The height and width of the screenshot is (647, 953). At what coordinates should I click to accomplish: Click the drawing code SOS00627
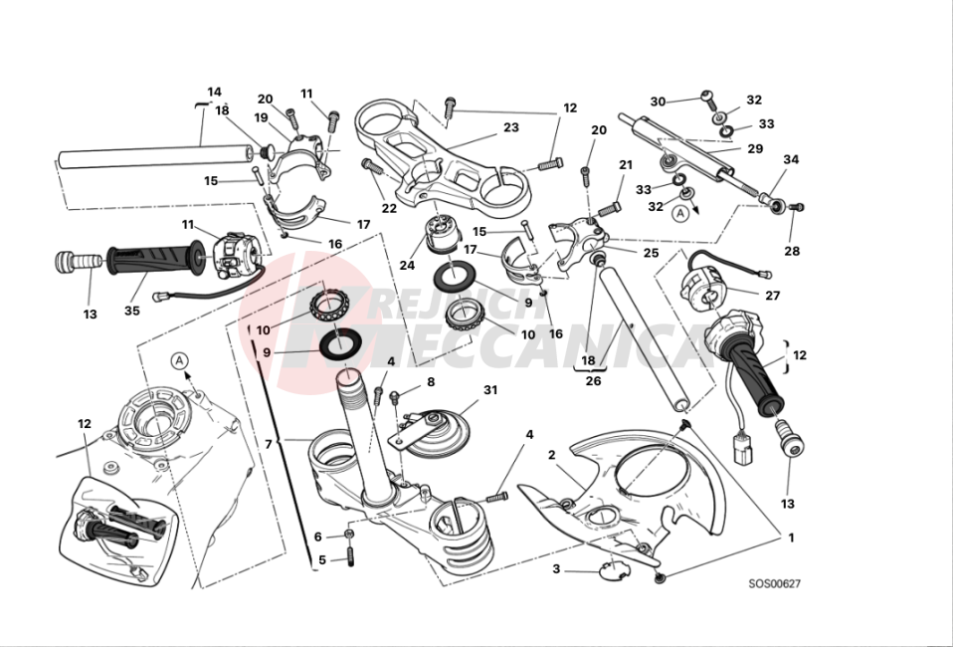pyautogui.click(x=774, y=584)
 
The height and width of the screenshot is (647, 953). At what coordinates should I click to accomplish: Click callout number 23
pyautogui.click(x=510, y=127)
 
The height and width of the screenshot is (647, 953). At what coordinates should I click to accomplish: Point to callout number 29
pyautogui.click(x=755, y=148)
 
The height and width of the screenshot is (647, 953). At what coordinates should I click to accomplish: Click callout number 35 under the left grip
pyautogui.click(x=132, y=311)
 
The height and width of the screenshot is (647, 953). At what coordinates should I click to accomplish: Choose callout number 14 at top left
pyautogui.click(x=214, y=92)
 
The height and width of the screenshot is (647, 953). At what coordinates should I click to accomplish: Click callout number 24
pyautogui.click(x=407, y=266)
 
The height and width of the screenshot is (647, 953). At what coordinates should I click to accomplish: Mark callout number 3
pyautogui.click(x=556, y=569)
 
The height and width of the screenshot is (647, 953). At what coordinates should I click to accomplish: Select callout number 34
pyautogui.click(x=791, y=159)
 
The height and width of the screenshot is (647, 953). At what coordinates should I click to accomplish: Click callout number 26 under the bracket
pyautogui.click(x=594, y=379)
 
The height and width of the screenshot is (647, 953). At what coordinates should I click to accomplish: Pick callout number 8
pyautogui.click(x=431, y=381)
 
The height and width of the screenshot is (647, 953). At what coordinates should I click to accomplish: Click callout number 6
pyautogui.click(x=318, y=538)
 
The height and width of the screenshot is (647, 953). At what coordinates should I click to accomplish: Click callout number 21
pyautogui.click(x=626, y=165)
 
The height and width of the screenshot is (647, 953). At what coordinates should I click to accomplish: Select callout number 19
pyautogui.click(x=262, y=117)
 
